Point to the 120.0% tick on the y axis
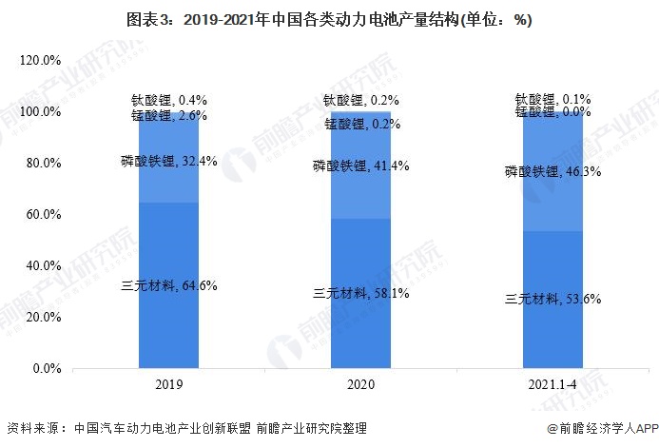[41, 61]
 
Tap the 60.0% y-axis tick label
[41, 215]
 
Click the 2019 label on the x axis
[169, 385]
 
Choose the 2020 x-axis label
[360, 385]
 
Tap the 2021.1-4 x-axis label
[553, 385]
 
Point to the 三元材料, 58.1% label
[361, 293]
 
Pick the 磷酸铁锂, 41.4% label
[361, 166]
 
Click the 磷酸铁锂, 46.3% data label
[552, 172]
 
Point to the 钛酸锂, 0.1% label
[552, 98]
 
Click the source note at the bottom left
[185, 429]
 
